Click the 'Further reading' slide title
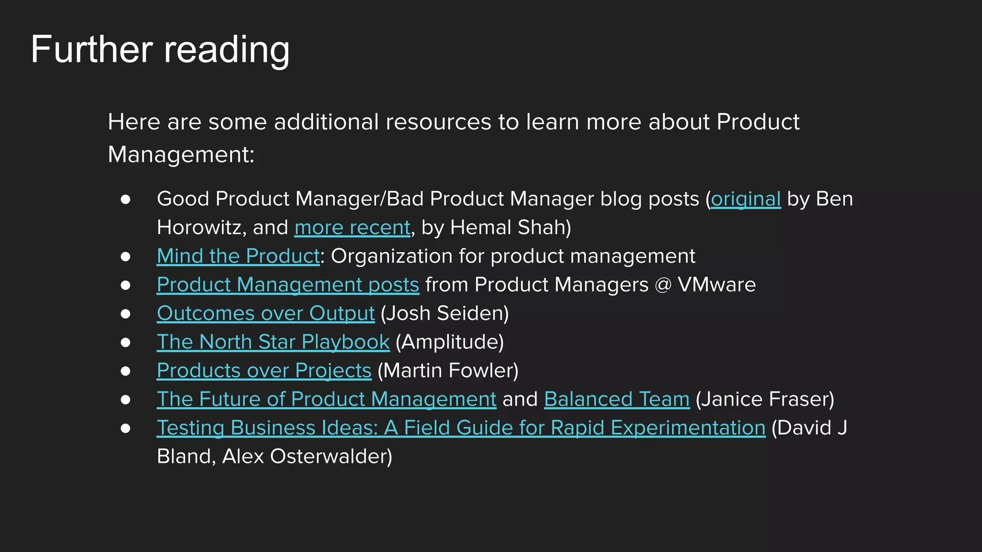(160, 50)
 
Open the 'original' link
(746, 199)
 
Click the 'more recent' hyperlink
(352, 228)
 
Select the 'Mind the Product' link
(238, 256)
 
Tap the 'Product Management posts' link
(288, 285)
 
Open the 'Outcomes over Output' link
(266, 313)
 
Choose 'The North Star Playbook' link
(273, 342)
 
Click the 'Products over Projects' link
(264, 371)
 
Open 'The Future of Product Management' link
(327, 399)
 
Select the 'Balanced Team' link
(617, 399)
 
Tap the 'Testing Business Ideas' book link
(461, 428)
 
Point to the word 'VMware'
(716, 285)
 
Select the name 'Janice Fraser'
(765, 399)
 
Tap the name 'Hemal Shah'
(508, 228)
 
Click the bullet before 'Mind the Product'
(126, 257)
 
